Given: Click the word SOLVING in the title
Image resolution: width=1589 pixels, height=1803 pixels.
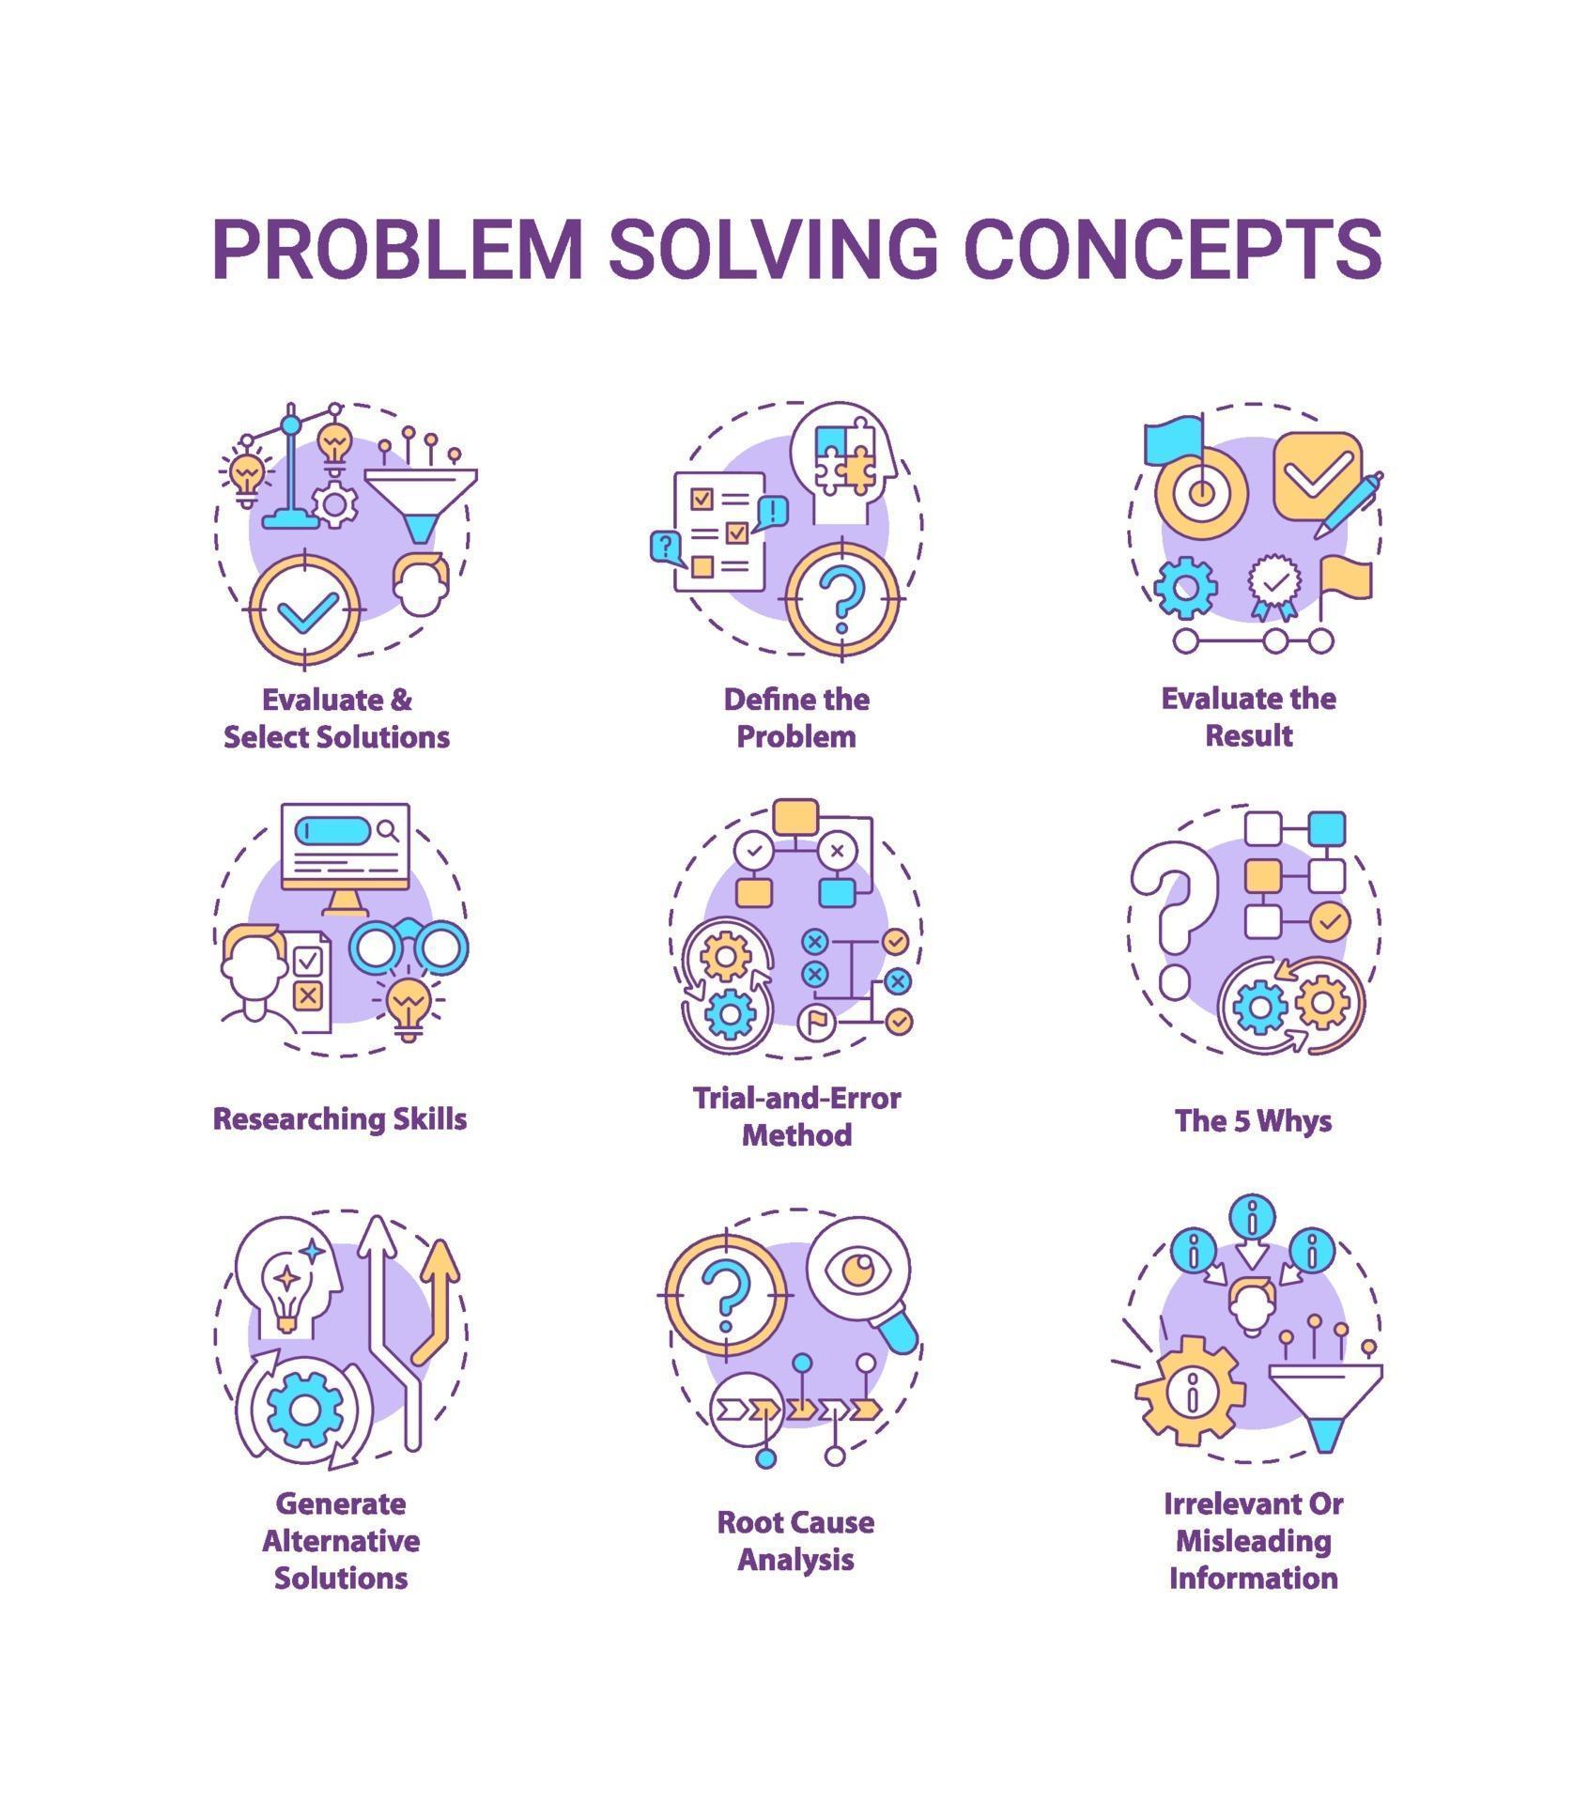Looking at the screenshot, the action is click(x=773, y=248).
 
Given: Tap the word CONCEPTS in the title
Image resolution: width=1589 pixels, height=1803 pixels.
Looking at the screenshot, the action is click(x=1173, y=248).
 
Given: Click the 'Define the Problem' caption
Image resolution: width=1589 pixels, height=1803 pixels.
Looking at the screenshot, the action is click(x=796, y=717).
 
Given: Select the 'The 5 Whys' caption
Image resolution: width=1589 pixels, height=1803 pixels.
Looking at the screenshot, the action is click(x=1253, y=1120).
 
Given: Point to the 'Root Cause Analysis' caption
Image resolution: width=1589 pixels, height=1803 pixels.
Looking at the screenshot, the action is click(x=795, y=1540).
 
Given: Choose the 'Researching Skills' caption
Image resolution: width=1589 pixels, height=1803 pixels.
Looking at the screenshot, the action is click(x=340, y=1118).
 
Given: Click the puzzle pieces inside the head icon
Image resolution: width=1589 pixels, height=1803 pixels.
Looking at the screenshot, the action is click(x=844, y=459).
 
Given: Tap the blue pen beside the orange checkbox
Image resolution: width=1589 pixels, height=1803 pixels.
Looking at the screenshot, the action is click(x=1348, y=504).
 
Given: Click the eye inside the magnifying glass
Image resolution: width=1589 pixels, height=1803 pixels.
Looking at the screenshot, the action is click(x=856, y=1271).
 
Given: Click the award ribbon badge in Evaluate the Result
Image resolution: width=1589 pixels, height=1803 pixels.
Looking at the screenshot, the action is click(x=1274, y=587).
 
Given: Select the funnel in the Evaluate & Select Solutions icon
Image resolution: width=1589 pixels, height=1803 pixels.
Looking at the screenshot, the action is click(x=421, y=503).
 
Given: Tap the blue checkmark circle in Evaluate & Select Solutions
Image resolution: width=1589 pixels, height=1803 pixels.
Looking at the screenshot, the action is click(x=305, y=609).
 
